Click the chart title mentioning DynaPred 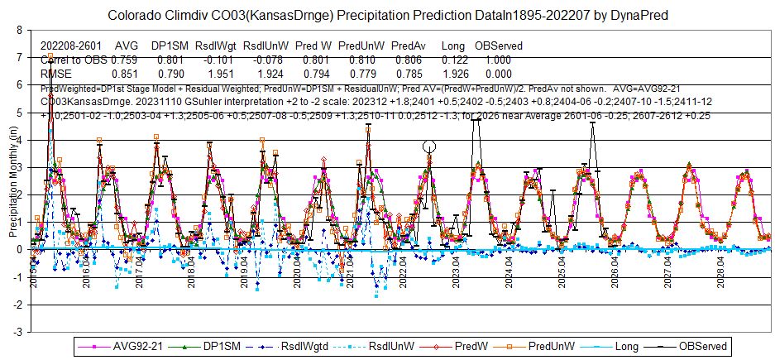tap(387, 15)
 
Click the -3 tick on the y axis tap(18, 331)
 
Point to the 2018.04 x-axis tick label tap(192, 271)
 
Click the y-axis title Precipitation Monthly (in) tap(11, 180)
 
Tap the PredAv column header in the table tap(408, 46)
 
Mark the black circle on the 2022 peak tap(428, 146)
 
